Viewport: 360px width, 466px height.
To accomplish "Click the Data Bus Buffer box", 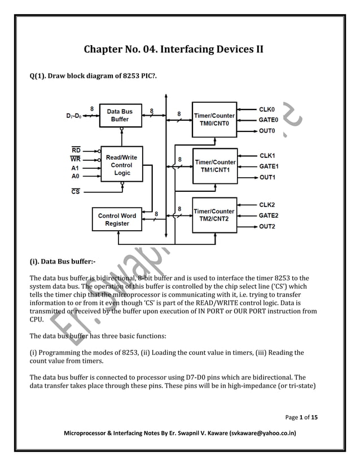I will (x=119, y=115).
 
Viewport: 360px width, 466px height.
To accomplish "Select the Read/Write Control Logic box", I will (x=121, y=165).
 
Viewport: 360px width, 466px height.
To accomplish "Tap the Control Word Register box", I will (x=117, y=219).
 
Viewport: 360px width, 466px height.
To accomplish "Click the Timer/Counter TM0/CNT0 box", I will (x=214, y=120).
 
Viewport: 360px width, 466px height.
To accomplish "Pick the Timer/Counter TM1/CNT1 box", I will (x=214, y=166).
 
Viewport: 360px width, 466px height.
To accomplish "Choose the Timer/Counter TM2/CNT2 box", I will (x=214, y=215).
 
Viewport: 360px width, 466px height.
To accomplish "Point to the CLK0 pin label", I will (x=267, y=109).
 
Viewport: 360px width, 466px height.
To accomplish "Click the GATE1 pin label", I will (x=269, y=166).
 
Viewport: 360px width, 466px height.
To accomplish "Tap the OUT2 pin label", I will (x=267, y=227).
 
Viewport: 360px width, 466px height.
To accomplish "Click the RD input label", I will (x=76, y=150).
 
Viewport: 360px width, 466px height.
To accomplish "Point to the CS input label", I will (x=75, y=192).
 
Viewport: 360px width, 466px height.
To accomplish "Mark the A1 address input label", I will (x=76, y=168).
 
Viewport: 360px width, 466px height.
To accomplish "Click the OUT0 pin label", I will (x=267, y=131).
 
